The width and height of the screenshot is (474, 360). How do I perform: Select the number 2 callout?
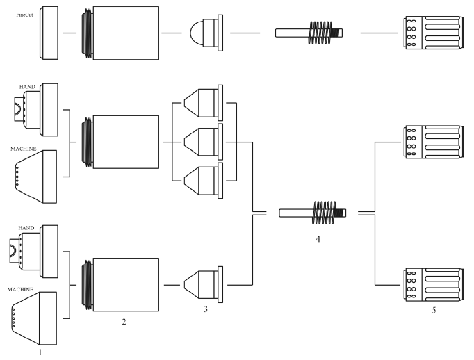pyautogui.click(x=124, y=322)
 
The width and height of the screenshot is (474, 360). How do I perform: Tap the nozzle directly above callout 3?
pyautogui.click(x=206, y=284)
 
